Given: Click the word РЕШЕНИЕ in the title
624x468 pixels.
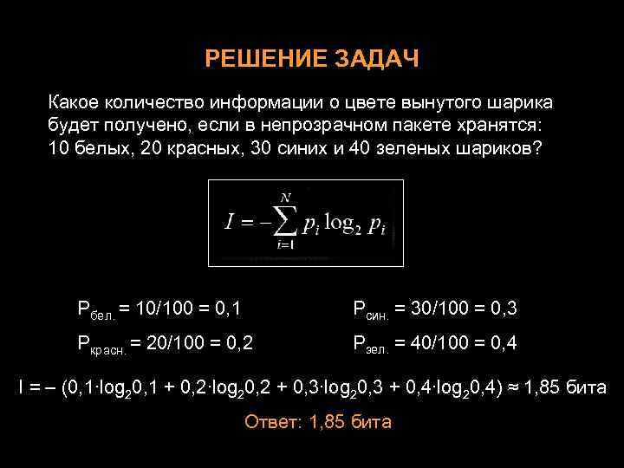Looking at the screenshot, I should click(x=256, y=59).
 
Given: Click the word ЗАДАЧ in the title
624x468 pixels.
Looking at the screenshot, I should click(x=376, y=59).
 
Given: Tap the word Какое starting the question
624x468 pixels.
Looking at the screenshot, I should click(x=75, y=103).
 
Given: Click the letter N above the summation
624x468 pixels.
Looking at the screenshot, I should click(x=283, y=198).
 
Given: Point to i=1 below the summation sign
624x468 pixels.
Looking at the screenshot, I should click(x=284, y=246).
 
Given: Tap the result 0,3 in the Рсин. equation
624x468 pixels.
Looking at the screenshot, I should click(x=502, y=308).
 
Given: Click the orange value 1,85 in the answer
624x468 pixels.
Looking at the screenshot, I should click(x=328, y=422).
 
